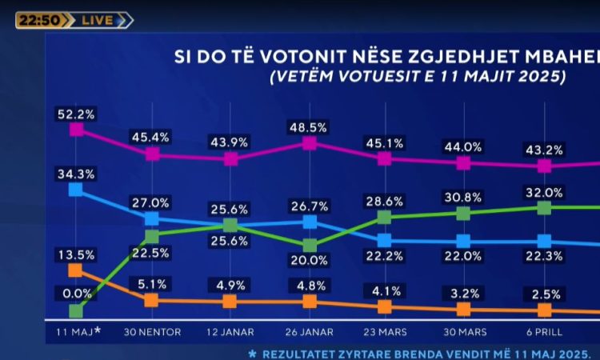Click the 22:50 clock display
pos(38,20)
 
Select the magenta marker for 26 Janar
pos(310,143)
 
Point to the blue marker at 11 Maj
pos(76,190)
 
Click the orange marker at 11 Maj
pos(76,270)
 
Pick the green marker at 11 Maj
pos(76,310)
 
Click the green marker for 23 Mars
pos(384,217)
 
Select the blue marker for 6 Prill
pos(544,242)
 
